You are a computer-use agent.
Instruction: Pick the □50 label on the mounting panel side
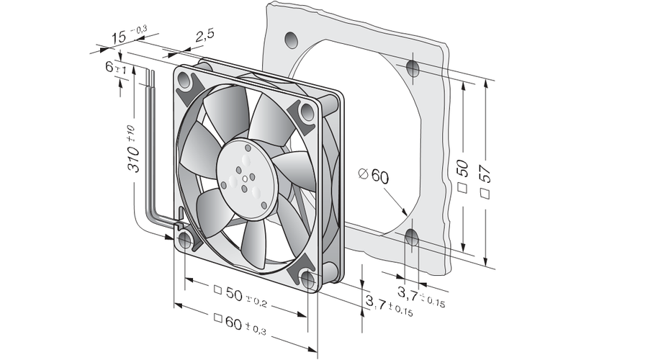[x=463, y=176]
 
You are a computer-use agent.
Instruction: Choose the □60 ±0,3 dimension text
[x=240, y=323]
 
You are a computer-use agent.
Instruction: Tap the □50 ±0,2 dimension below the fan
[x=240, y=297]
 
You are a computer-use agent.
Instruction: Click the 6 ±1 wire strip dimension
[x=115, y=68]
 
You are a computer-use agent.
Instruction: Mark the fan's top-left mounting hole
[x=185, y=81]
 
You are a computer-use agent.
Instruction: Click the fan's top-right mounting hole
[x=307, y=112]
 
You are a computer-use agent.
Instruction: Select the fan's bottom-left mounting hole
[x=185, y=240]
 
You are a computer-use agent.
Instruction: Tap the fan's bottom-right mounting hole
[x=308, y=280]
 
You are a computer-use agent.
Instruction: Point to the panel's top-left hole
[x=291, y=40]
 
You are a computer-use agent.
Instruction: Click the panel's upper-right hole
[x=413, y=68]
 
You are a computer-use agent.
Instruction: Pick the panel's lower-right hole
[x=412, y=238]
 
